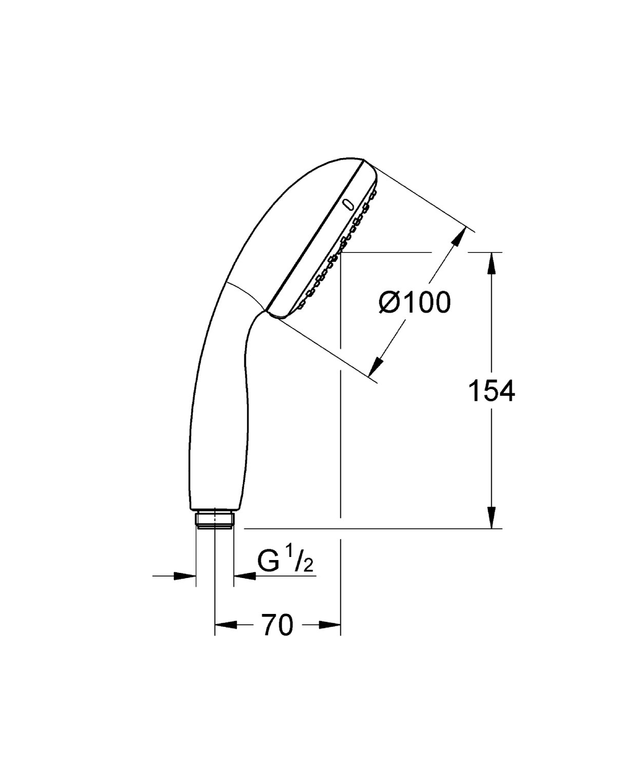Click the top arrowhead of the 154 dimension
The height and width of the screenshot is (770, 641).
(x=491, y=263)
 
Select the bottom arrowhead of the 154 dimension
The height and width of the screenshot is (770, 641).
(x=491, y=517)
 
